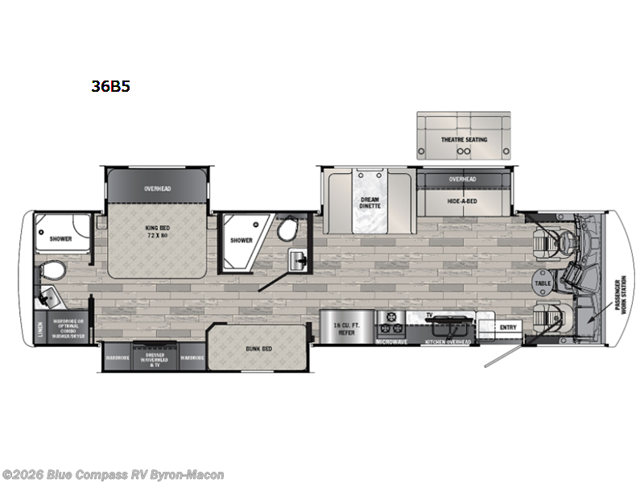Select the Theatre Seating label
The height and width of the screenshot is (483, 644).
coord(464,140)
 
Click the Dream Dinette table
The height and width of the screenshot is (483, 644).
coord(370,201)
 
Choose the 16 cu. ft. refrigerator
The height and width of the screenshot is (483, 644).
coord(346,327)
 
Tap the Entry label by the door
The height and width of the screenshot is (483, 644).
coord(508,327)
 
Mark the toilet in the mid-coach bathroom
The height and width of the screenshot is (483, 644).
coord(287,231)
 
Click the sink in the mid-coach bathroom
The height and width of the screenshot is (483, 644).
coord(296,259)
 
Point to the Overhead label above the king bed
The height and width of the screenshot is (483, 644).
coord(159,188)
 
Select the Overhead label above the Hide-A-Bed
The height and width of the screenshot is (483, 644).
coord(463,179)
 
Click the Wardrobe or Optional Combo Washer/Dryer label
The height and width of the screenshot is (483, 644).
coord(70,329)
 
